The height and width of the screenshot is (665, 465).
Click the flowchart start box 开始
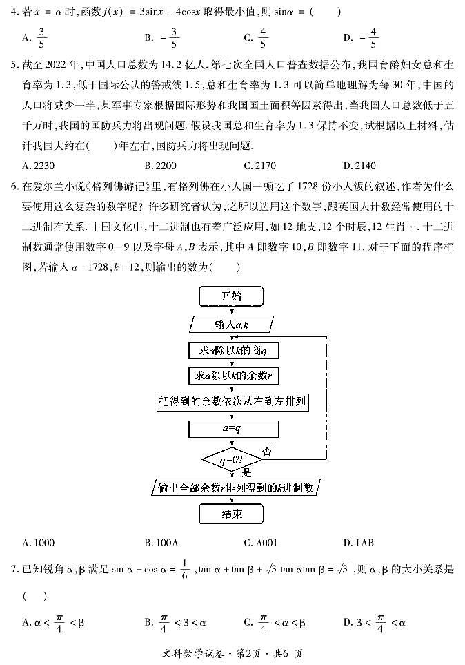pyautogui.click(x=232, y=297)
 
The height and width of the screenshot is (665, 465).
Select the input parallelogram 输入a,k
pyautogui.click(x=232, y=324)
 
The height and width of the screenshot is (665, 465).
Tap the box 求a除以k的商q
pyautogui.click(x=232, y=351)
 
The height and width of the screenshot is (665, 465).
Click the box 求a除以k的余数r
pyautogui.click(x=232, y=376)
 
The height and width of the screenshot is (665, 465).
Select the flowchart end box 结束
pyautogui.click(x=232, y=514)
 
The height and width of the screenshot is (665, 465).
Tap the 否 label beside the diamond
pyautogui.click(x=268, y=450)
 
